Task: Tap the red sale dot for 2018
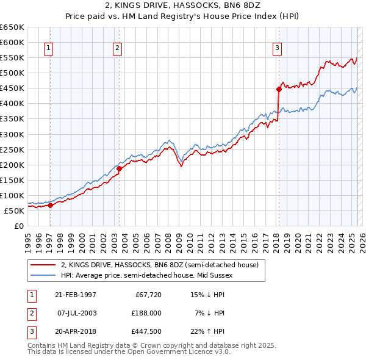point(279,89)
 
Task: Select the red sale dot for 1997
point(51,205)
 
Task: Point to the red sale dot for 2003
point(120,168)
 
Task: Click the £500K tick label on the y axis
point(12,73)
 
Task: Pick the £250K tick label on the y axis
point(12,149)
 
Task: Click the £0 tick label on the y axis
point(18,226)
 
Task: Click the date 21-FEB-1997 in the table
point(76,295)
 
